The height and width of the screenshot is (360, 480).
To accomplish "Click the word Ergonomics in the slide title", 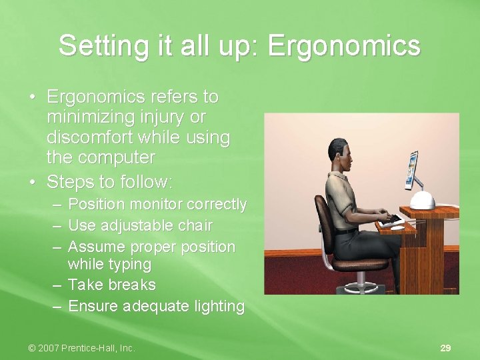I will (x=345, y=46).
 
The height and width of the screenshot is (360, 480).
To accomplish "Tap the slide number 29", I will (x=445, y=348).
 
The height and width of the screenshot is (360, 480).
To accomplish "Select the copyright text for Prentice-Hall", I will (x=81, y=348).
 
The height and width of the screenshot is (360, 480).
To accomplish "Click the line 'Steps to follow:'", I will (x=110, y=181).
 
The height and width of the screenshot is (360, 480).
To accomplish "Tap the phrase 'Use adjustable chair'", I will (x=140, y=225).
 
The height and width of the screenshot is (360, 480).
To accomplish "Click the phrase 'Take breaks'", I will (x=112, y=285).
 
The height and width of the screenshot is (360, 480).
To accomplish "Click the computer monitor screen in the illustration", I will (x=412, y=169).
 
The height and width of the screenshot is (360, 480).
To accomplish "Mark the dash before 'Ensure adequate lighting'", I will (x=57, y=307).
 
